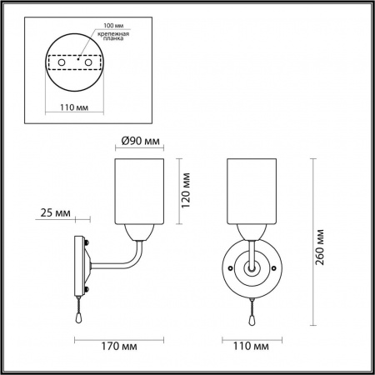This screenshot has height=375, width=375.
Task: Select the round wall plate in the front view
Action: (x=237, y=268)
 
